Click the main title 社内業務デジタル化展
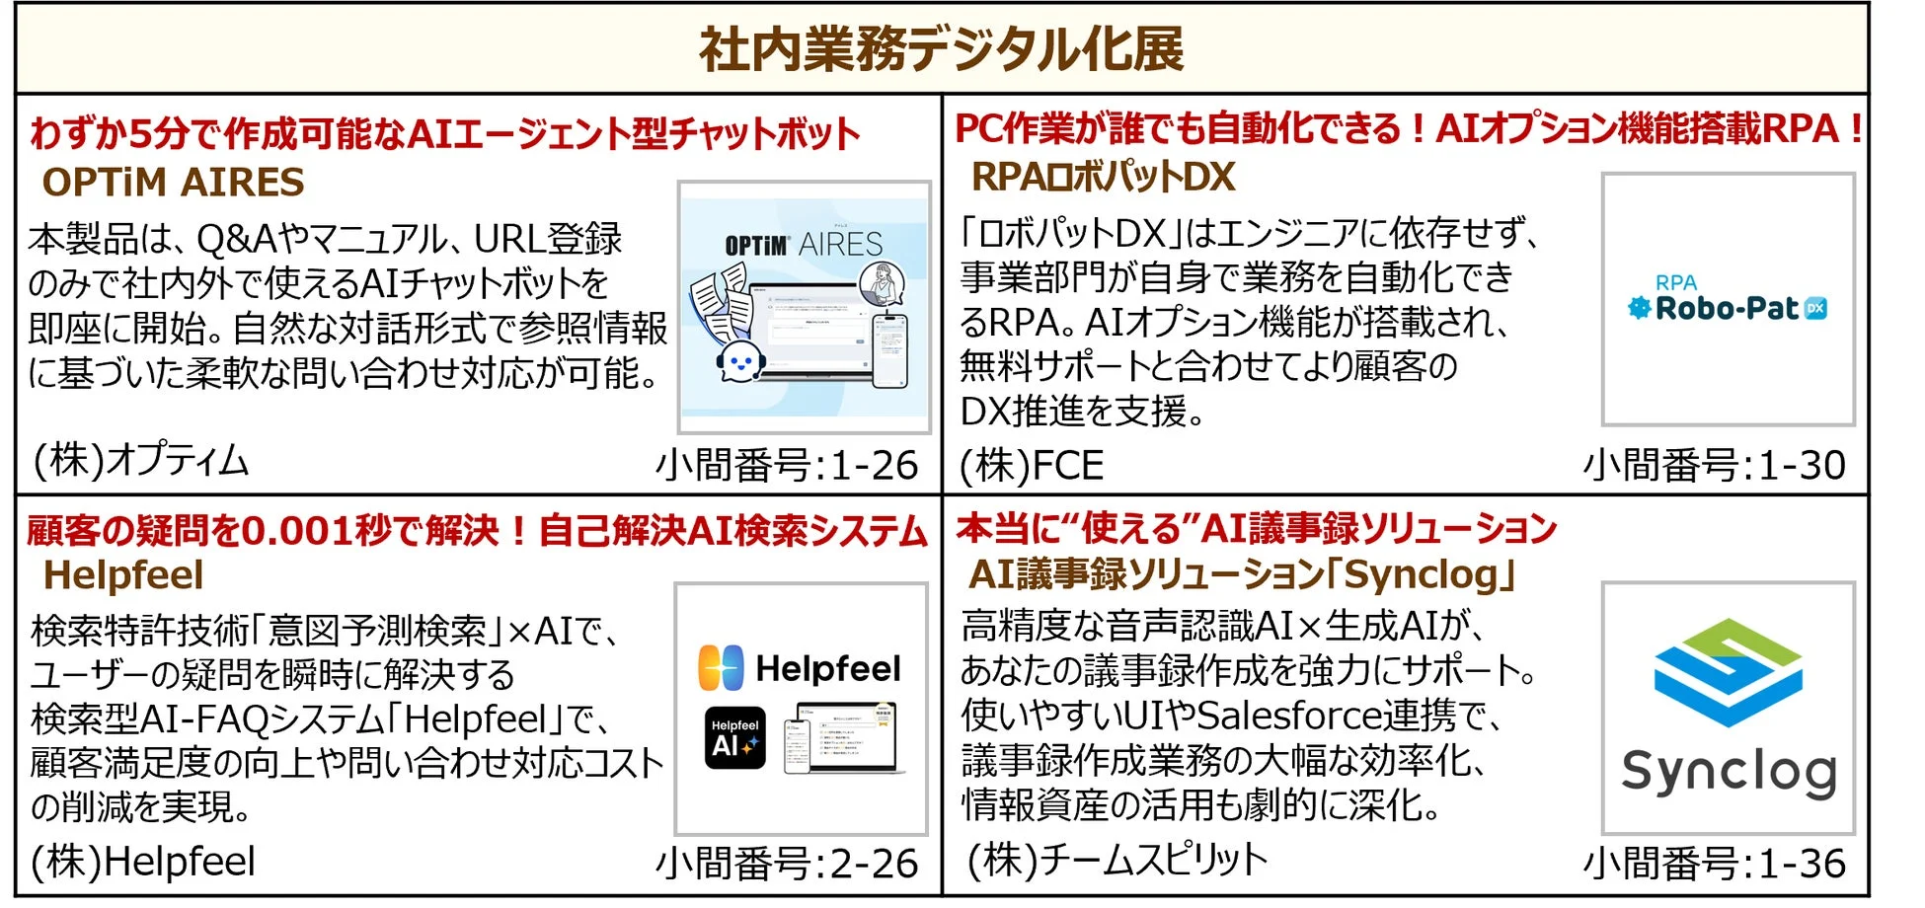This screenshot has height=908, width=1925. (x=941, y=49)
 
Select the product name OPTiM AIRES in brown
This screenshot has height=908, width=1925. (x=173, y=183)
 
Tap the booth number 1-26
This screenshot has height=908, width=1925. (x=875, y=465)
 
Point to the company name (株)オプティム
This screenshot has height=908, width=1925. (x=140, y=460)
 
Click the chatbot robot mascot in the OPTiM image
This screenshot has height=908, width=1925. (x=738, y=361)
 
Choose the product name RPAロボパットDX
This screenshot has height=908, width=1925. (x=1102, y=178)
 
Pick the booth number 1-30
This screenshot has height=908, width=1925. (x=1802, y=465)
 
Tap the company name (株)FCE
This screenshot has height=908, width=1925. (x=1032, y=466)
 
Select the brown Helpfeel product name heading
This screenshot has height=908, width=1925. (x=123, y=575)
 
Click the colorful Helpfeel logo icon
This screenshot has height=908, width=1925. (x=721, y=668)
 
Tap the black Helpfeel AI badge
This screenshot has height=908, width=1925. (x=734, y=737)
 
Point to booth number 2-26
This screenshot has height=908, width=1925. (x=875, y=864)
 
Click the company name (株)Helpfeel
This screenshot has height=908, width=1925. (x=143, y=862)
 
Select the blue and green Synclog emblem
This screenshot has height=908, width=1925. (x=1728, y=671)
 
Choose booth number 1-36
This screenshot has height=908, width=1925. (x=1802, y=864)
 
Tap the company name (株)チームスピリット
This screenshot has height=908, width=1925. (x=1116, y=860)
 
